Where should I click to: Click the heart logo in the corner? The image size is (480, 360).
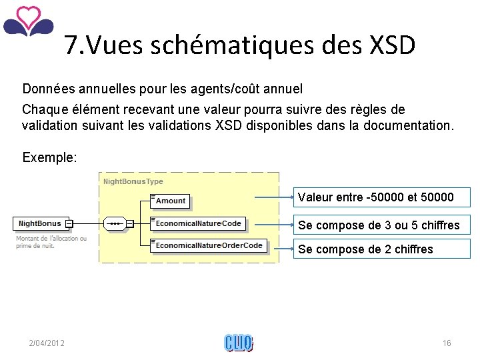[28, 21]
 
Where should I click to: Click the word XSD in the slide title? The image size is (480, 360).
[391, 45]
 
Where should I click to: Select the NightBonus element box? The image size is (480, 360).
[40, 224]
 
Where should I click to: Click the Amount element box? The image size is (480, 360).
[171, 201]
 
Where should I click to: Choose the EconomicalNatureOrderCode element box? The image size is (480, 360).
[209, 245]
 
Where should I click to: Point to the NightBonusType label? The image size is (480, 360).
[133, 181]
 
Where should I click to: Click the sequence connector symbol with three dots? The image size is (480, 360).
[115, 224]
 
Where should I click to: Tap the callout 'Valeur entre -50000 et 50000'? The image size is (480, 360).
[376, 197]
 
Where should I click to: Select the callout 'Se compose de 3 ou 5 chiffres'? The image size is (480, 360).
[379, 225]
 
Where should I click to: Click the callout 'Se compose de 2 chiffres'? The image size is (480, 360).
[365, 249]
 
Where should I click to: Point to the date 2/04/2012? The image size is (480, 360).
[47, 343]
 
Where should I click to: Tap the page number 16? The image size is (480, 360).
[447, 343]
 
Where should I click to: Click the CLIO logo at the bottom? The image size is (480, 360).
[239, 343]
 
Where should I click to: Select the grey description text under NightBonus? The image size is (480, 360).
[51, 241]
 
